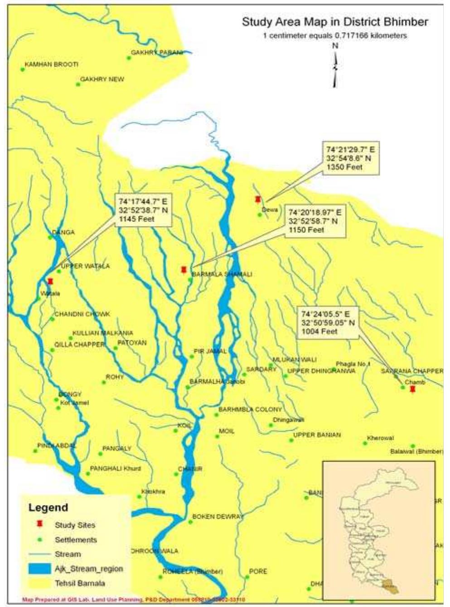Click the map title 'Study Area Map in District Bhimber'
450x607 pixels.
point(334,22)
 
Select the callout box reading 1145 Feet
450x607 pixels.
point(143,210)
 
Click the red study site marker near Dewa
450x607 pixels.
point(258,199)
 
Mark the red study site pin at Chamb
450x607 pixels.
point(412,389)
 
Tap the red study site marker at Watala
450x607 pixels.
point(50,281)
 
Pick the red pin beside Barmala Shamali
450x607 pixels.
point(184,270)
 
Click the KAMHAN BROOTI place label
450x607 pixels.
point(51,64)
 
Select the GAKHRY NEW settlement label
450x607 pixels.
point(102,79)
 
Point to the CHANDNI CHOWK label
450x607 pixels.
point(82,314)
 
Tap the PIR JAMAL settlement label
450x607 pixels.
point(210,351)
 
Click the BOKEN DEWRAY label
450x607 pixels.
point(218,516)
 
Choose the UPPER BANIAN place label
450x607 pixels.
point(317,435)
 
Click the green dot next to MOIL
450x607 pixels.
point(217,436)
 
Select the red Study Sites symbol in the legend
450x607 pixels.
point(40,524)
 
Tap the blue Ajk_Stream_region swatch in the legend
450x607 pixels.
point(39,568)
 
